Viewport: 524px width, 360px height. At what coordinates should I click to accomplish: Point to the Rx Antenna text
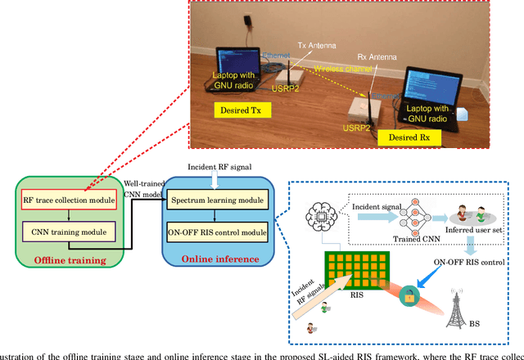pos(375,58)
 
